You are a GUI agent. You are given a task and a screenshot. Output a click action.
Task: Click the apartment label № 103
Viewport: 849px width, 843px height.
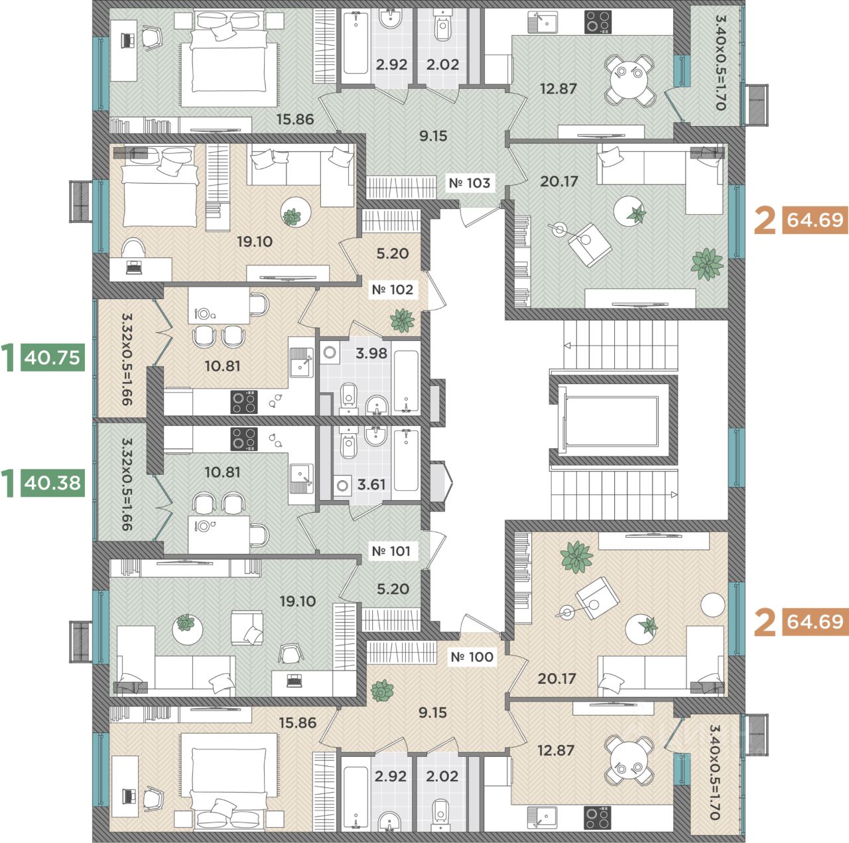pyautogui.click(x=469, y=182)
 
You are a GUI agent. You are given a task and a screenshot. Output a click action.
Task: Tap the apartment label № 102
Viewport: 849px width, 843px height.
pyautogui.click(x=392, y=290)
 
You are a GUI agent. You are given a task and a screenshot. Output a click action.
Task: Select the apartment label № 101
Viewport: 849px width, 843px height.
pyautogui.click(x=391, y=551)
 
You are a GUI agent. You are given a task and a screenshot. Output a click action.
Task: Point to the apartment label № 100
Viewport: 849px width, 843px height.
pyautogui.click(x=472, y=657)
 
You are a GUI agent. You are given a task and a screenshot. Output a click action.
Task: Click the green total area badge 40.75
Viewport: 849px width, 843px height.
pyautogui.click(x=52, y=357)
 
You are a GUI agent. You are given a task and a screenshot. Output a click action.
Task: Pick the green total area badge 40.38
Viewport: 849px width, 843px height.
pyautogui.click(x=52, y=483)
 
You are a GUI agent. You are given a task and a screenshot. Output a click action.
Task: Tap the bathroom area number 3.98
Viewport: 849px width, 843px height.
pyautogui.click(x=371, y=353)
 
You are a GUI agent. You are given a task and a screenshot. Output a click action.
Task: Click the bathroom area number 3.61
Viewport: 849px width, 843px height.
pyautogui.click(x=371, y=484)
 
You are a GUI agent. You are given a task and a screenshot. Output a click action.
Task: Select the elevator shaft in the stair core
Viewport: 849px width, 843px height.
pyautogui.click(x=611, y=421)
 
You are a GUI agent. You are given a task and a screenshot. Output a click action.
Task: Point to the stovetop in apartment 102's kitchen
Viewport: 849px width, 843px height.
pyautogui.click(x=244, y=402)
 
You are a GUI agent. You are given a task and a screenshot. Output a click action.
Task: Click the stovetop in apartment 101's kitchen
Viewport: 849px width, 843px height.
pyautogui.click(x=244, y=439)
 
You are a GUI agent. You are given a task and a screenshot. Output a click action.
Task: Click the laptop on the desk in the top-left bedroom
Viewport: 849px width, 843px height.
pyautogui.click(x=127, y=40)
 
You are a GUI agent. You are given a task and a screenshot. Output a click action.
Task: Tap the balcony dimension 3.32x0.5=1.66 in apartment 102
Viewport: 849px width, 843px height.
pyautogui.click(x=127, y=359)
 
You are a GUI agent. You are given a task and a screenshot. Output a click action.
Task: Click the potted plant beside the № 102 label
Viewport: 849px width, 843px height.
pyautogui.click(x=402, y=320)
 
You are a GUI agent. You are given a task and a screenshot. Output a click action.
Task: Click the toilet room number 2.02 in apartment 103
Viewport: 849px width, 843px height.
pyautogui.click(x=443, y=64)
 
